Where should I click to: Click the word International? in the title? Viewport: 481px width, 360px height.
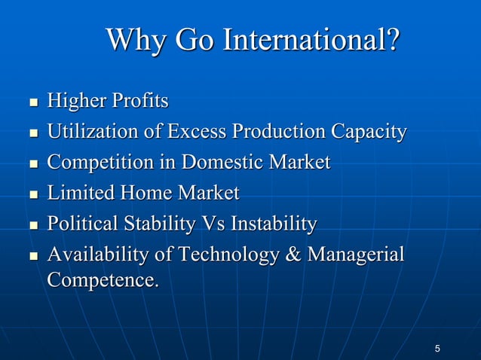[x=309, y=41]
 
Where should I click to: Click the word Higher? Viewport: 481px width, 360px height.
[x=76, y=101]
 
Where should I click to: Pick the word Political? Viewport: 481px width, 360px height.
[x=81, y=224]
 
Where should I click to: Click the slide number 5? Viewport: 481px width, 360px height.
[x=438, y=348]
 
